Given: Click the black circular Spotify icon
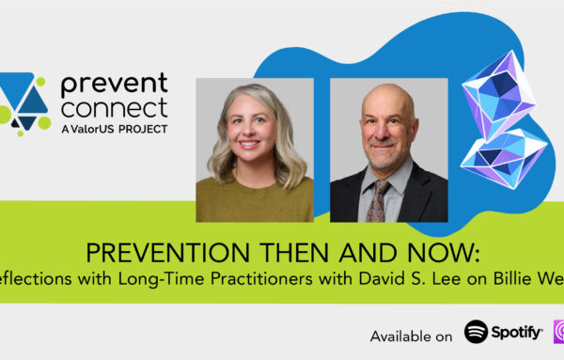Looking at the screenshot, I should coord(477,333).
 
